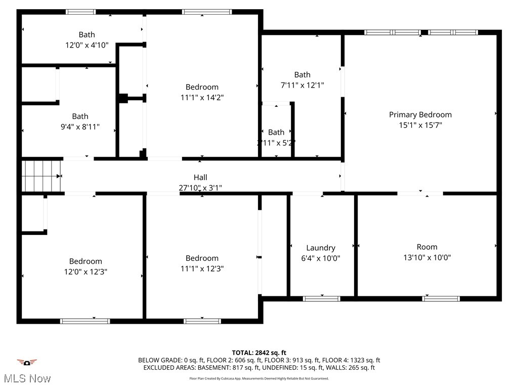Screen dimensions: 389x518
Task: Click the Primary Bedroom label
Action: [x=420, y=114]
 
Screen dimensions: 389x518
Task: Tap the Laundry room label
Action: [x=321, y=248]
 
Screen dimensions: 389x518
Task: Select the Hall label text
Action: [x=200, y=177]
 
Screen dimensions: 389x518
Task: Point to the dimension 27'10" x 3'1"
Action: [x=200, y=187]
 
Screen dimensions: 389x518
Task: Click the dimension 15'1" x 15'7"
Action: [x=420, y=125]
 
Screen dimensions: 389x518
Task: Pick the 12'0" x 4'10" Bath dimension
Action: [x=87, y=45]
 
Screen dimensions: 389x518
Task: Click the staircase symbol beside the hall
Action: [x=41, y=176]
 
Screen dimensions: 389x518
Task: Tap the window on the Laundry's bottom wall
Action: [x=321, y=298]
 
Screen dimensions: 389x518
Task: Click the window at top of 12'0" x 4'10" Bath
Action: [x=81, y=12]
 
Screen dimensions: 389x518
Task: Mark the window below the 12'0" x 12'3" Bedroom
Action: [x=85, y=321]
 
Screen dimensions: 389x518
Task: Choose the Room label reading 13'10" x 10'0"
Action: [x=427, y=247]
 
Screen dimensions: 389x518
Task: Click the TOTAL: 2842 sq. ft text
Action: [x=259, y=353]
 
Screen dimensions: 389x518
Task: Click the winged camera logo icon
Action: [x=27, y=362]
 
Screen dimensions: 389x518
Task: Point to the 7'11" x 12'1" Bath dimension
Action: [x=302, y=85]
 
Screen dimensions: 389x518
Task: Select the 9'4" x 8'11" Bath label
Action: [x=80, y=116]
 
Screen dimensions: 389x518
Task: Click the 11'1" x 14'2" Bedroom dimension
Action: [x=202, y=97]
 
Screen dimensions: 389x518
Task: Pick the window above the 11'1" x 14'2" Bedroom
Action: [x=207, y=12]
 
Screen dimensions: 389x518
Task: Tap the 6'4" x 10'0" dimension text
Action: [x=321, y=258]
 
